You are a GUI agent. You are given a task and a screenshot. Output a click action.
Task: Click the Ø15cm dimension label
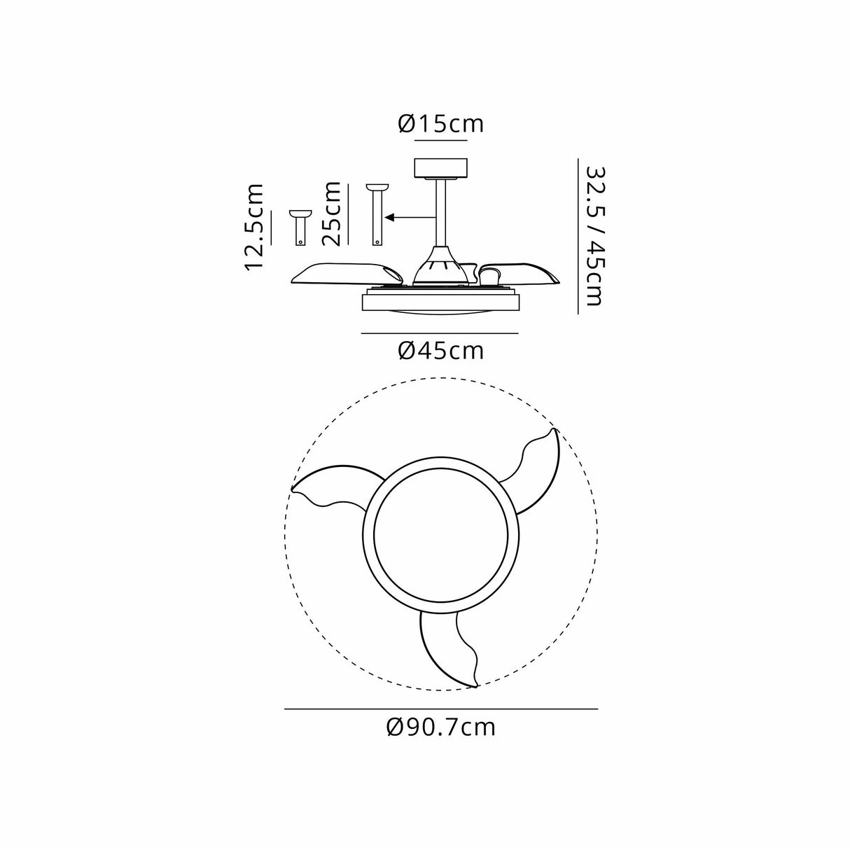[440, 124]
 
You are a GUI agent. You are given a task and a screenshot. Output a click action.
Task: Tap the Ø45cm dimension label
[440, 351]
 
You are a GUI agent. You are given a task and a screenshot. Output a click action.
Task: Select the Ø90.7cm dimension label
[440, 727]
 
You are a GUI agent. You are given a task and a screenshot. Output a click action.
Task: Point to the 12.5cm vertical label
[254, 227]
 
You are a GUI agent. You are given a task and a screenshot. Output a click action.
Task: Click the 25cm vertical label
[332, 213]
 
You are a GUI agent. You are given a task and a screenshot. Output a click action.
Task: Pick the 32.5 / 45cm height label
[595, 236]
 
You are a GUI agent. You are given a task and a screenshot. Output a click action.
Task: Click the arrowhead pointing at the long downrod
[389, 217]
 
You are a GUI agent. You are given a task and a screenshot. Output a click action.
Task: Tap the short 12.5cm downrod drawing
[301, 228]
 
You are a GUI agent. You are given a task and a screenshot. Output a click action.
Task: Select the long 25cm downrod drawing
[377, 215]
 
